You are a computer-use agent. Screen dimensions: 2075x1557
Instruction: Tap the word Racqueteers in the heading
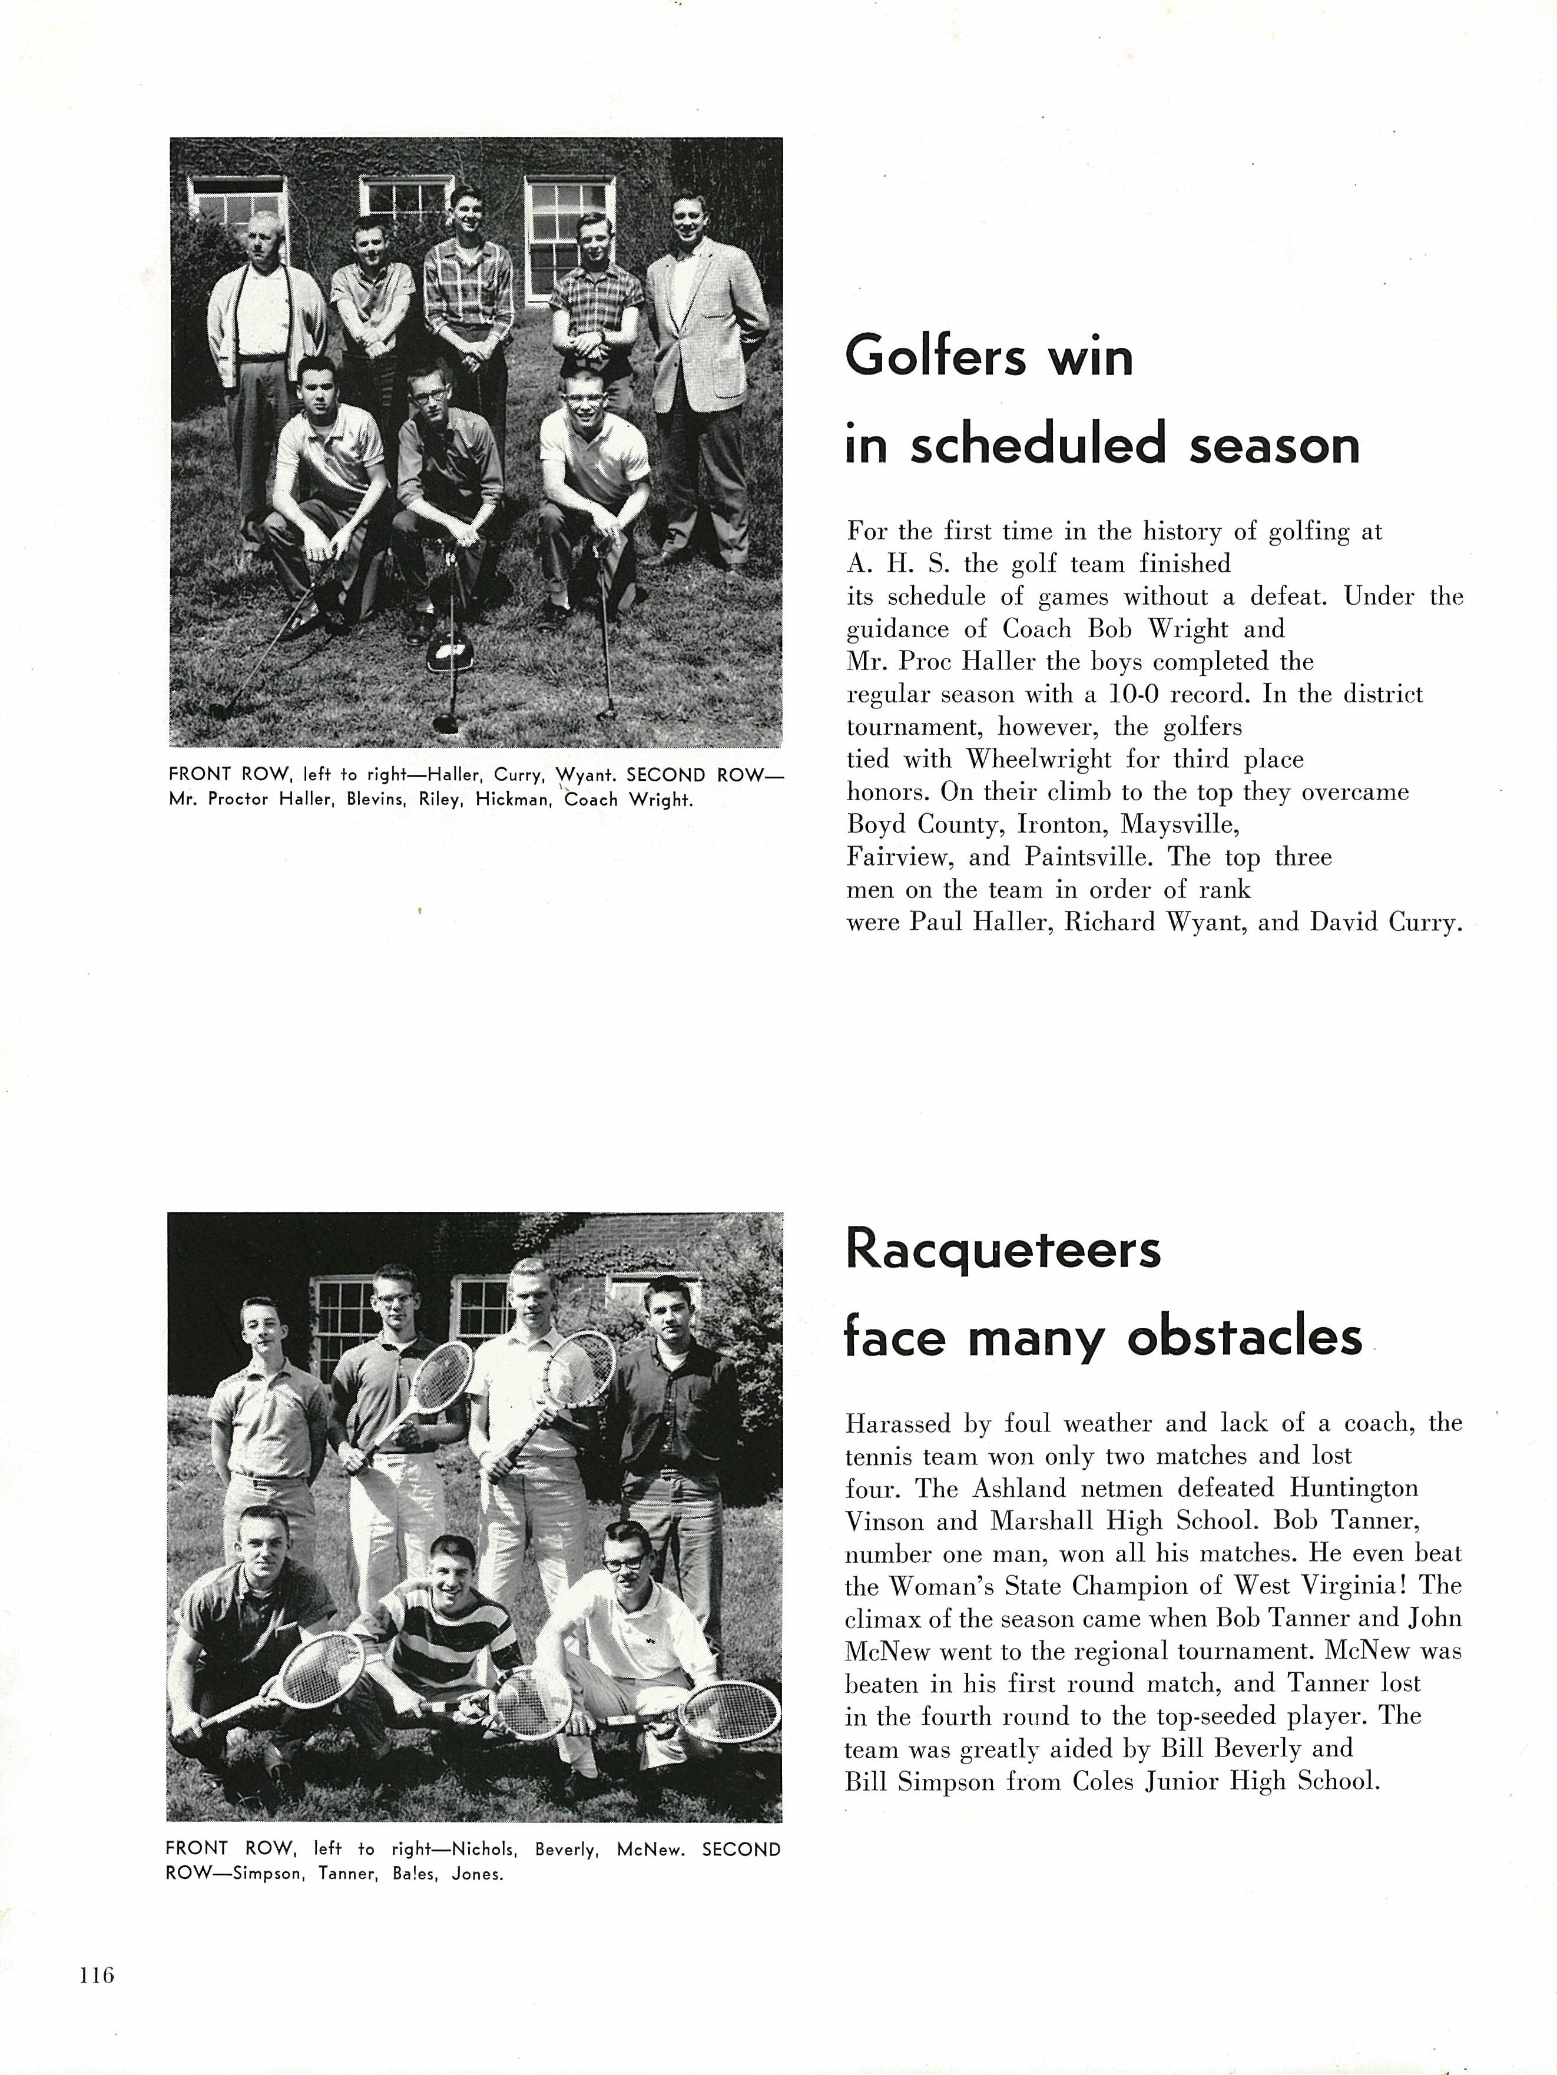(x=1003, y=1251)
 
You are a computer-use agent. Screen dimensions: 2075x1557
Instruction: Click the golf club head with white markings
(x=448, y=654)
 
